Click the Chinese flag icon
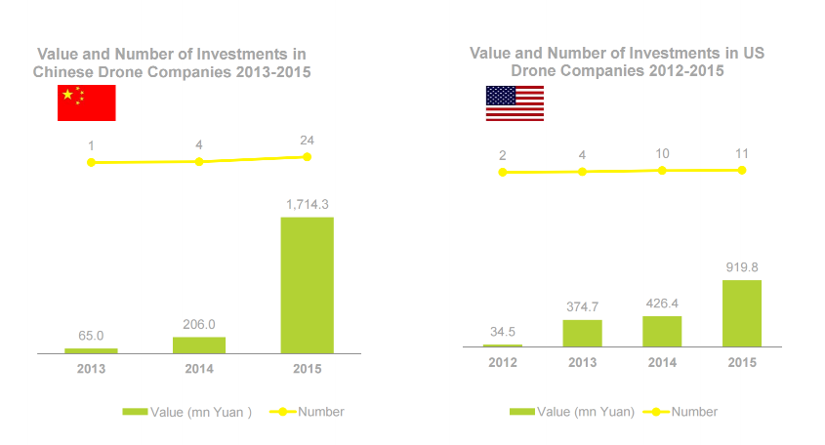tap(87, 102)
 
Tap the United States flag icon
tap(515, 103)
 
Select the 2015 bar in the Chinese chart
tap(307, 284)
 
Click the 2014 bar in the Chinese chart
tap(199, 344)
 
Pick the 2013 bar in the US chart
tap(582, 333)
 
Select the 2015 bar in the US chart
tap(741, 313)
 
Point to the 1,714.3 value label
tap(309, 204)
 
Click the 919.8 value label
tap(741, 266)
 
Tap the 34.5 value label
tap(502, 332)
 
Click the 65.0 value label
tap(91, 335)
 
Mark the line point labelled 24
tap(307, 156)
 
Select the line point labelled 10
tap(662, 170)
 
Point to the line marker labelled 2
tap(503, 172)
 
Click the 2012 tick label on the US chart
tap(503, 363)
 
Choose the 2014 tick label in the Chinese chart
tap(199, 369)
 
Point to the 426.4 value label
tap(662, 303)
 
